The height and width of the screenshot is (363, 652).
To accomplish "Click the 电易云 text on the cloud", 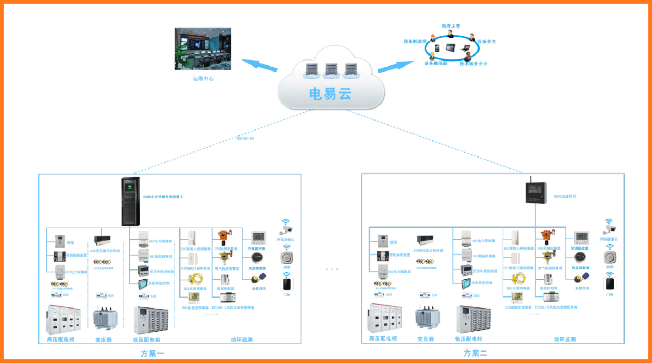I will tap(330, 94).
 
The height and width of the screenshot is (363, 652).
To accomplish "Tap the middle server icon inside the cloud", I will tap(331, 70).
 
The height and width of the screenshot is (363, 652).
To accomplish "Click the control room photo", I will tap(203, 49).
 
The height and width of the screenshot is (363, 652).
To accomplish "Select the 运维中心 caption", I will tap(203, 79).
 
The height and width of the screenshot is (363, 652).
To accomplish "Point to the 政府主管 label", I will tap(451, 26).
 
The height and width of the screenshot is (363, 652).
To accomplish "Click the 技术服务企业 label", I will tap(473, 63).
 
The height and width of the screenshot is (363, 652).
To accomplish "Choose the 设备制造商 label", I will tap(416, 41).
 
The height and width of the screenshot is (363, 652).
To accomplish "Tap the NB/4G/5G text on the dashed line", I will tap(245, 138).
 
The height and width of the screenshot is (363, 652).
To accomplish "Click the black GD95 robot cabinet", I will tap(130, 201).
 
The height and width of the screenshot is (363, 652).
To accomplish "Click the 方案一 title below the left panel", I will tap(153, 353).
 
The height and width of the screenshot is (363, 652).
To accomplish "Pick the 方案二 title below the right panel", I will tap(475, 353).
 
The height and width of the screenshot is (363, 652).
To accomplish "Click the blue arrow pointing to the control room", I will tap(259, 65).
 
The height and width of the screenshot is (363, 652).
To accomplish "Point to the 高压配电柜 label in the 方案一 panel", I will tap(60, 340).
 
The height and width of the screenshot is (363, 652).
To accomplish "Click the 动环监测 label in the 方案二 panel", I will tap(564, 340).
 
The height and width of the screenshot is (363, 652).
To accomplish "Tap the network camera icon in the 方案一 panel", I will tap(287, 229).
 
